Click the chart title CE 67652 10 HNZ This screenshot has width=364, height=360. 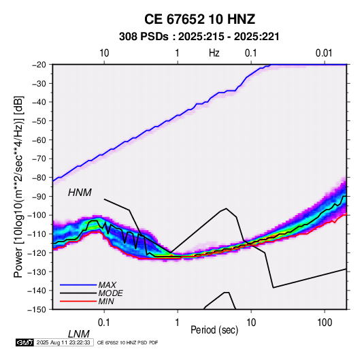(x=199, y=19)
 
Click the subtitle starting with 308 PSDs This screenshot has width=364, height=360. (x=199, y=37)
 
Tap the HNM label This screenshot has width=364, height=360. (x=80, y=193)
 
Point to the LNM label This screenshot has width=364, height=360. (x=78, y=334)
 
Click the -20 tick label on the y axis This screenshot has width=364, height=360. (x=39, y=65)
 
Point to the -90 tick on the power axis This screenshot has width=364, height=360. (x=39, y=197)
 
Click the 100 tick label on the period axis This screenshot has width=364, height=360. (x=325, y=323)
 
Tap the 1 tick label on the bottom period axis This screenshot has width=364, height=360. (x=178, y=323)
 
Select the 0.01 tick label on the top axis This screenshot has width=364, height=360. (x=324, y=53)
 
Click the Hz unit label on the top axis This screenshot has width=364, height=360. (x=214, y=53)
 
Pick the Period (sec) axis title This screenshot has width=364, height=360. (x=214, y=330)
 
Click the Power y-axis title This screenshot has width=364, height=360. (x=18, y=186)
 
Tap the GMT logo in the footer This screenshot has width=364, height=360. (x=25, y=342)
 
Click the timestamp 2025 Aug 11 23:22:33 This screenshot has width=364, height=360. (x=63, y=342)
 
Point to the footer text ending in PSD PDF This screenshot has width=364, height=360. (x=127, y=343)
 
